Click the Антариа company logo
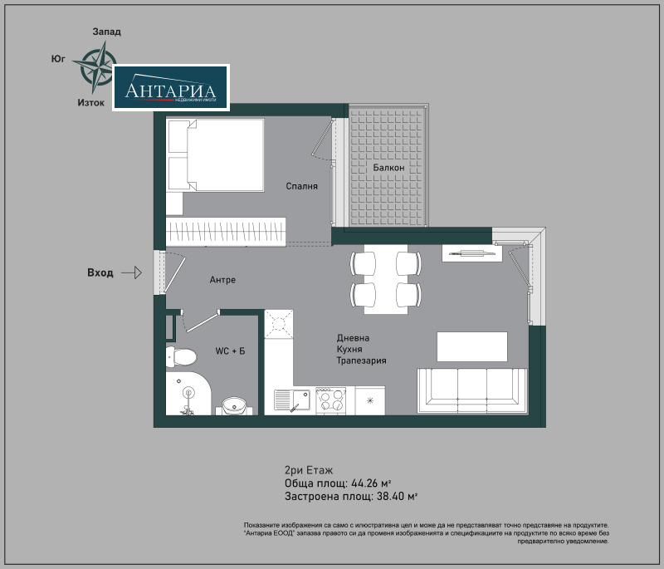point(170,88)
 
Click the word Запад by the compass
point(106,32)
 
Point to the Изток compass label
point(90,103)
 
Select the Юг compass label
point(58,59)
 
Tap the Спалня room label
point(301,186)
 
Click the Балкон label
point(388,168)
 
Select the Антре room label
point(222,280)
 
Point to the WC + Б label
point(230,351)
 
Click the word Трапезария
point(361,361)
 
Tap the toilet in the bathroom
point(182,357)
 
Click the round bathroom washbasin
point(236,406)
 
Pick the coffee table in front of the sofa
point(471,346)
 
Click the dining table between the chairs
point(385,280)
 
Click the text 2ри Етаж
point(308,469)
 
